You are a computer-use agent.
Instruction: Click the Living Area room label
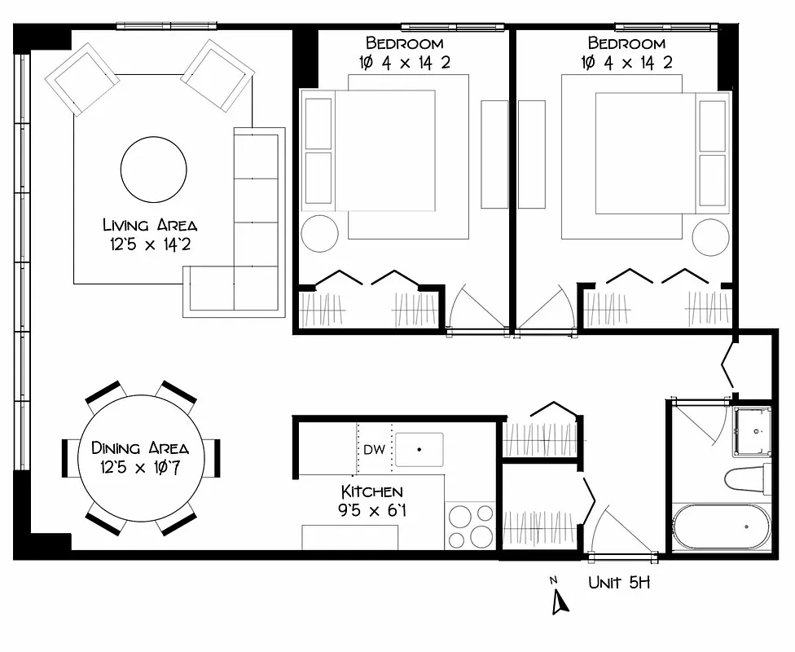click(x=149, y=225)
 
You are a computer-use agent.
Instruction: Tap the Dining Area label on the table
click(x=140, y=448)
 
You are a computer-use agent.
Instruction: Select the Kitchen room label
click(x=371, y=491)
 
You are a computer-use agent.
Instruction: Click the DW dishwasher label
click(x=374, y=450)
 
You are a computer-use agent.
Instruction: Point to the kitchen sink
click(x=419, y=449)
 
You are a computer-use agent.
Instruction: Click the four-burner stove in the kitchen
click(x=470, y=526)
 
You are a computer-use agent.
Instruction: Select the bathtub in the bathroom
click(x=721, y=526)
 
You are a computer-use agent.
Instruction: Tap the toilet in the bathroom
click(x=748, y=478)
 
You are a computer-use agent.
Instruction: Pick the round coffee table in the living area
click(x=153, y=170)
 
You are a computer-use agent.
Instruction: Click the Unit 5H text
click(x=619, y=583)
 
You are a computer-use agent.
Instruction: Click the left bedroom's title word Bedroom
click(x=404, y=43)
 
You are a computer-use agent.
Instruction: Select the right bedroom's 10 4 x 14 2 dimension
click(x=627, y=62)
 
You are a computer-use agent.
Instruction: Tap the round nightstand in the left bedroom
click(x=319, y=234)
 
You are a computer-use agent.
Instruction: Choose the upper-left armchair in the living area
click(x=82, y=79)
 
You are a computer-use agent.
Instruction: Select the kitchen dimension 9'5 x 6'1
click(x=371, y=511)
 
